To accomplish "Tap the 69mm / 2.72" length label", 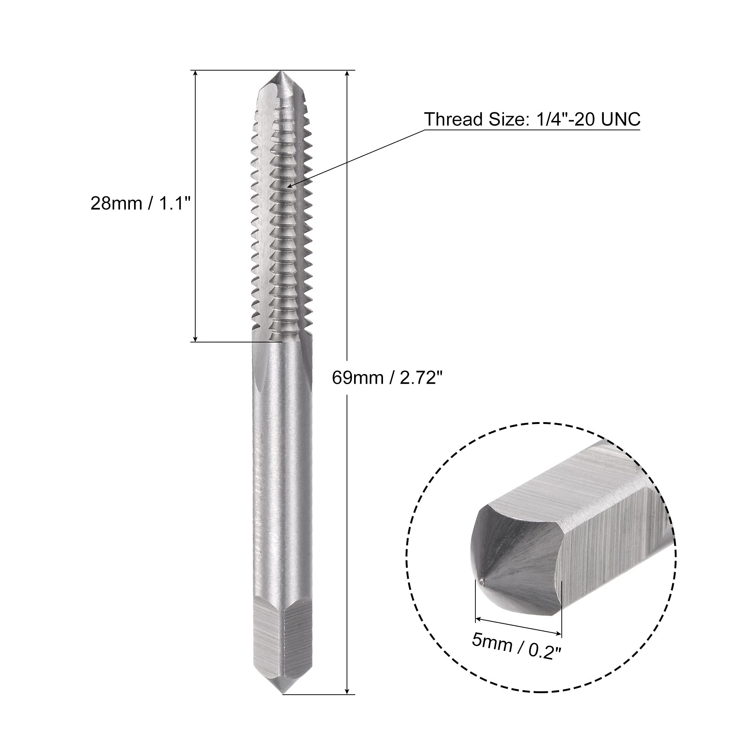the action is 388,377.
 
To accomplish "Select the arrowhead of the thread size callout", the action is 291,185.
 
